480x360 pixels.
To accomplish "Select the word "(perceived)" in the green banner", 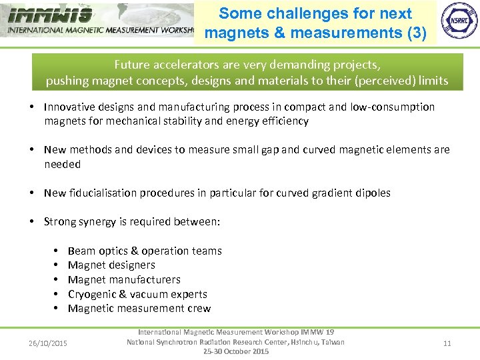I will click(383, 81).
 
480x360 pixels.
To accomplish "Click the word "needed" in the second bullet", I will click(62, 164).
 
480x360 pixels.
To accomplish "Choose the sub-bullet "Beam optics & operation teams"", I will click(145, 251).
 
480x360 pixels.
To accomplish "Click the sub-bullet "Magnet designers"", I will click(111, 265).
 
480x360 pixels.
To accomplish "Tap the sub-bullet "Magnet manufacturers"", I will click(124, 279).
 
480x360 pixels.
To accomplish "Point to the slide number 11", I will click(447, 343).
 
